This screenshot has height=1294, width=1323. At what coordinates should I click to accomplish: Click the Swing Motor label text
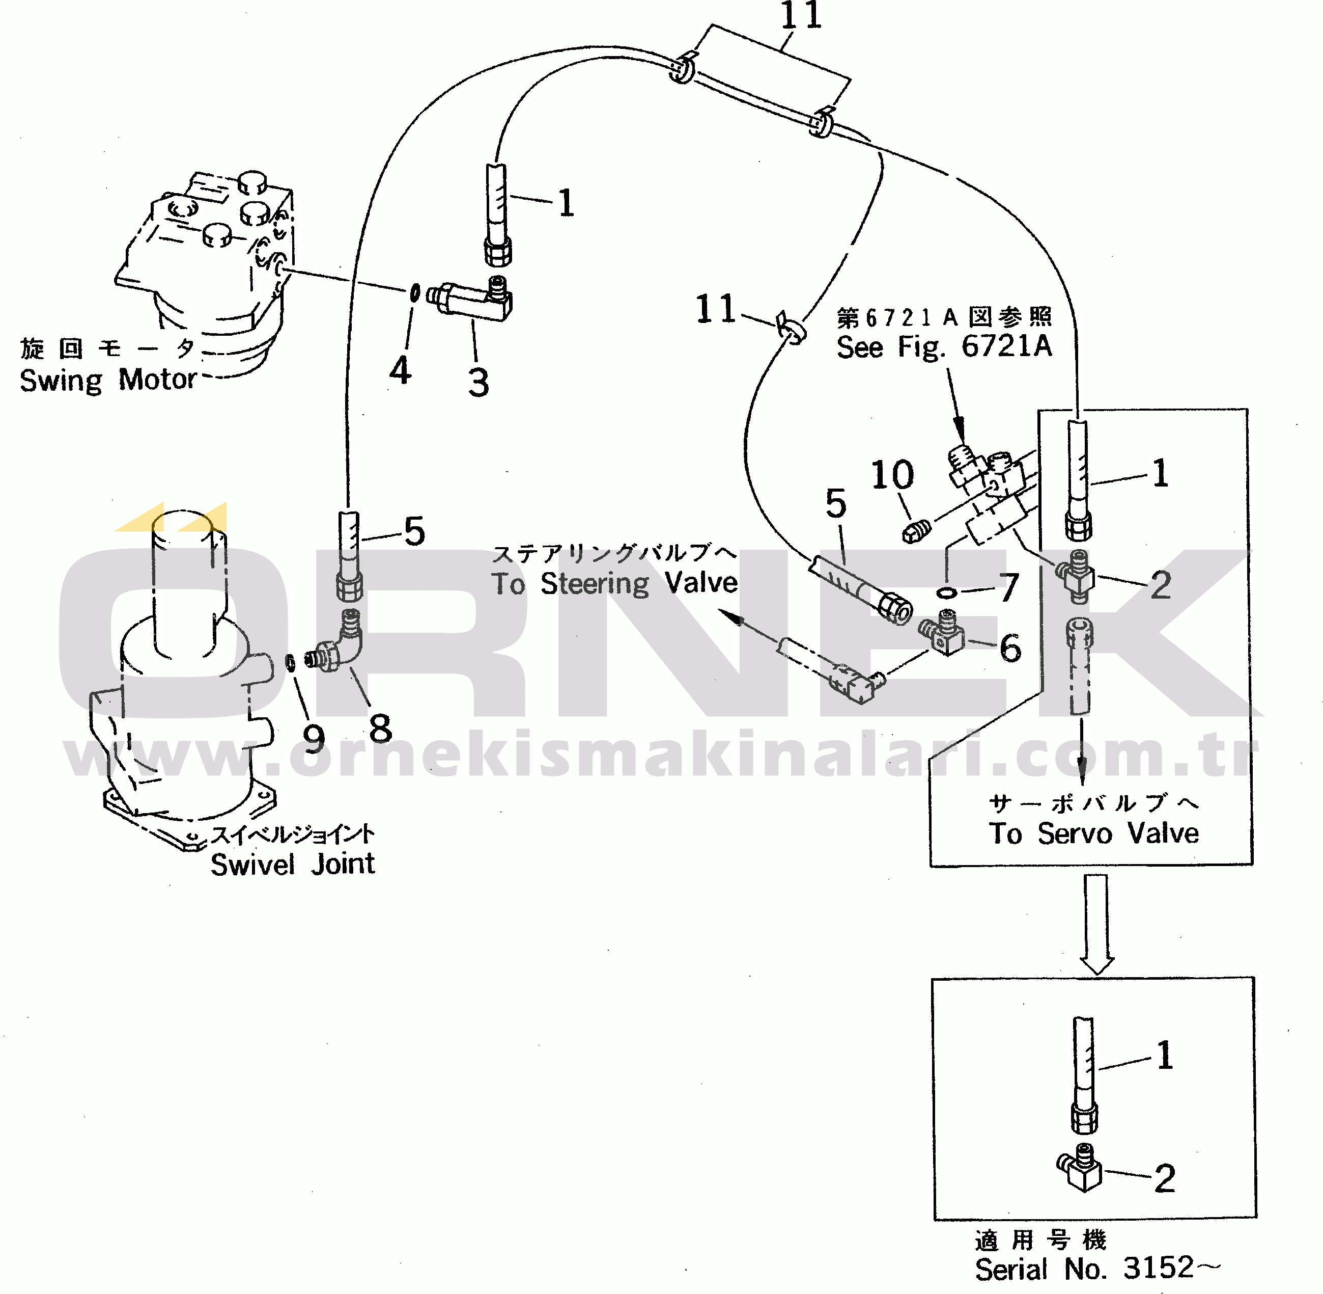108,380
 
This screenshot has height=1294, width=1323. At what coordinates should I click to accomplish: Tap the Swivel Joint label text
293,865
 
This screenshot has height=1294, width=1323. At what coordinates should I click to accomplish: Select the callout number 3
479,383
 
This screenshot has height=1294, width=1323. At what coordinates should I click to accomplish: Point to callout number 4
400,371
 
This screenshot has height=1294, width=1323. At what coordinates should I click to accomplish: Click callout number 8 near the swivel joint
380,729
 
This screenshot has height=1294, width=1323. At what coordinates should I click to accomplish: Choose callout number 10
892,474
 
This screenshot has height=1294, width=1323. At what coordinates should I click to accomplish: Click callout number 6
1010,648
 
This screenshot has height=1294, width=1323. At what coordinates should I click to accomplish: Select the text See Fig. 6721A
944,346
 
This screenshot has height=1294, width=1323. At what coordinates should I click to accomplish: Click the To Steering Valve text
614,583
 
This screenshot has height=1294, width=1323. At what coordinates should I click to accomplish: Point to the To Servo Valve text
1093,833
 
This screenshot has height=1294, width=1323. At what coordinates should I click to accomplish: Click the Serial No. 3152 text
1097,1268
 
